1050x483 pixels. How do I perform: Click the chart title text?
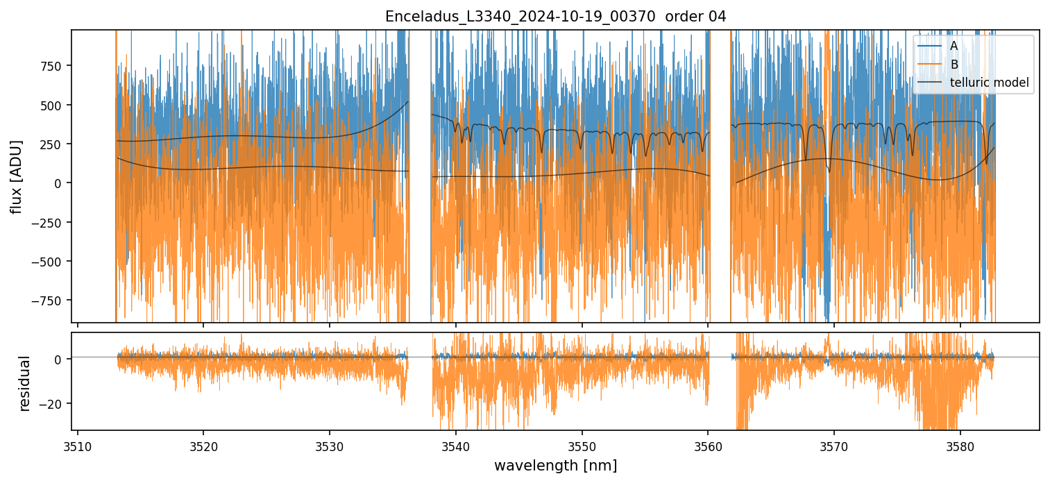coord(555,17)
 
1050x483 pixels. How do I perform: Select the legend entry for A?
coord(954,46)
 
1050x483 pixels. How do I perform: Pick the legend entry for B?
coord(954,65)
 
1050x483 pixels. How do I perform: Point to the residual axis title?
coord(24,383)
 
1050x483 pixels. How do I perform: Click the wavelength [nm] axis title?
coord(555,465)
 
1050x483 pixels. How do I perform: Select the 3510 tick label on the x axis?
coord(77,445)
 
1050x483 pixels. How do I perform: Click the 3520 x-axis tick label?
coord(203,445)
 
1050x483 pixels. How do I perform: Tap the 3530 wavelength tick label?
coord(329,445)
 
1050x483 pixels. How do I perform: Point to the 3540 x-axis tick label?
coord(455,445)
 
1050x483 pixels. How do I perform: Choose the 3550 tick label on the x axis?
coord(582,445)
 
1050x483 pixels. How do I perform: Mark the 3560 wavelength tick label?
coord(708,445)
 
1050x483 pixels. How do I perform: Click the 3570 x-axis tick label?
coord(833,445)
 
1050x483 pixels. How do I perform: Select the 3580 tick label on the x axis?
coord(960,445)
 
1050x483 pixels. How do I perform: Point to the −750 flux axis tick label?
coord(49,300)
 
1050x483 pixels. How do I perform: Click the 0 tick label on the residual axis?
coord(58,359)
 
